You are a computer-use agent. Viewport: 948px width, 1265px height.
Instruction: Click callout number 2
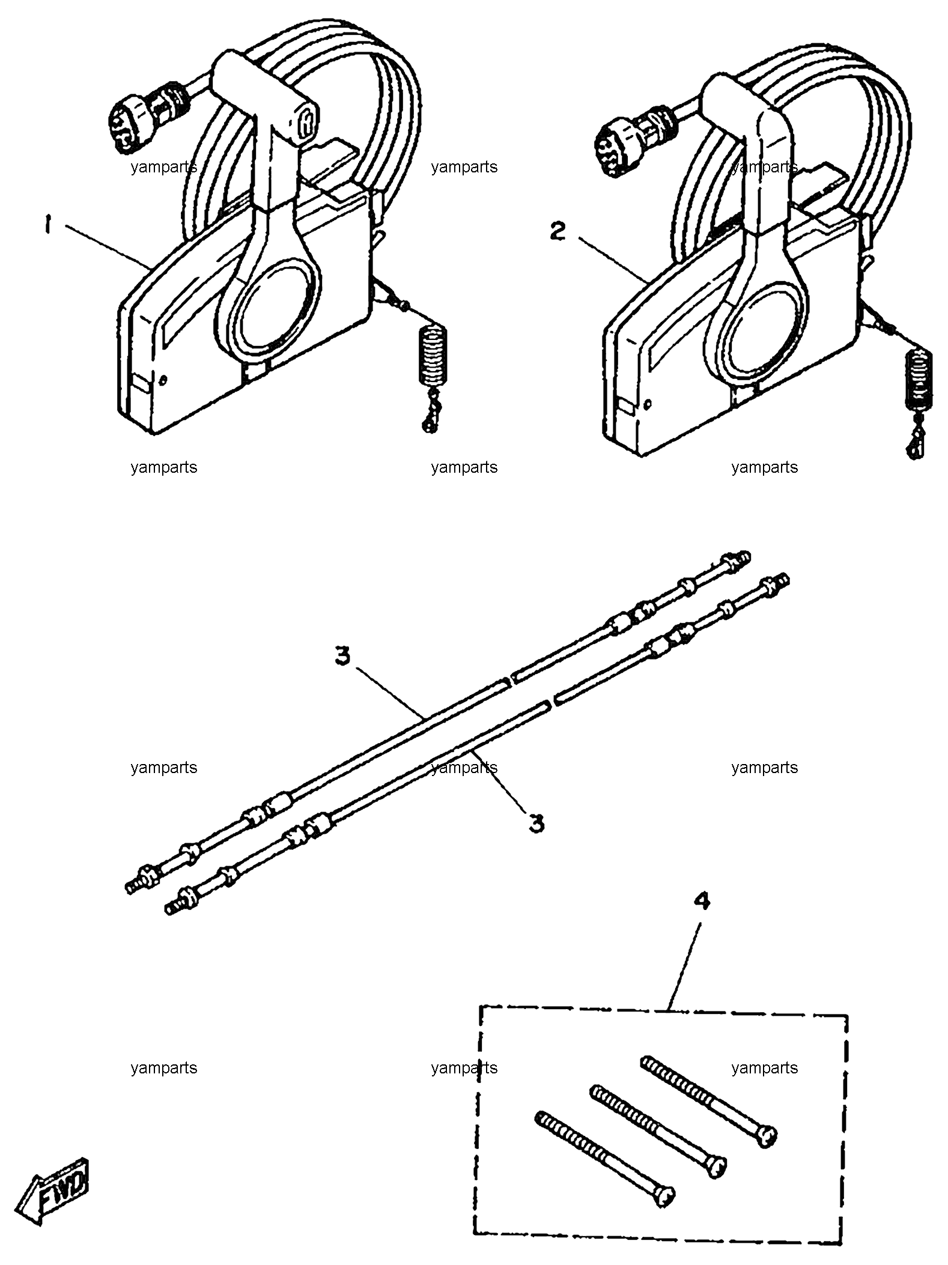pyautogui.click(x=558, y=231)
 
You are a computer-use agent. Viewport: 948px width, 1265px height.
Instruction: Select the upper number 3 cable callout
pyautogui.click(x=342, y=657)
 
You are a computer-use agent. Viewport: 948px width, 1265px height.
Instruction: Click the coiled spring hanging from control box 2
pyautogui.click(x=919, y=381)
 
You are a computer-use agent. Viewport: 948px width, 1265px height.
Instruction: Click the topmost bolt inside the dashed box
pyautogui.click(x=709, y=1103)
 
